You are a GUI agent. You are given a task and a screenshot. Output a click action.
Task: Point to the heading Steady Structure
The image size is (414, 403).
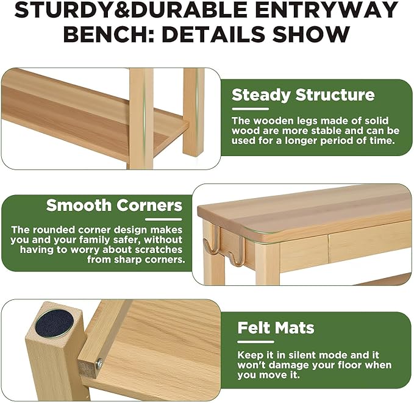[303, 95]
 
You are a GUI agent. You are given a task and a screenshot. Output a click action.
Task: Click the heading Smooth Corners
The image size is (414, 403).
[114, 205]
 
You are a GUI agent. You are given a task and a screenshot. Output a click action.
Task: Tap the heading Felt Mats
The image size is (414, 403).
[276, 327]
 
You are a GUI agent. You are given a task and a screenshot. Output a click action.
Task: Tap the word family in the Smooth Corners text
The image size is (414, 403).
[90, 240]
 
